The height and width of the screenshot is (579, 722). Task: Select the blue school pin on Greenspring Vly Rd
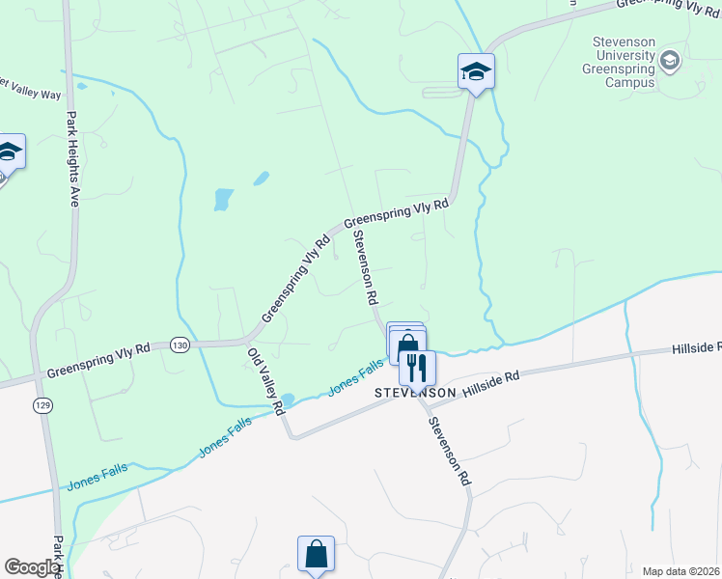(x=476, y=71)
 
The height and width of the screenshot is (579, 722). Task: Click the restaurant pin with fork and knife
(x=417, y=367)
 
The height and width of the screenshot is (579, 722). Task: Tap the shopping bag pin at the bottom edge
(x=316, y=554)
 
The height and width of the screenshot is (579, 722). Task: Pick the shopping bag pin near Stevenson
(x=407, y=344)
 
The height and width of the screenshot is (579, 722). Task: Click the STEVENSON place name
(x=415, y=394)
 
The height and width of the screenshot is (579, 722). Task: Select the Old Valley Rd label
(x=266, y=381)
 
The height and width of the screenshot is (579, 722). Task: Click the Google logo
(x=32, y=566)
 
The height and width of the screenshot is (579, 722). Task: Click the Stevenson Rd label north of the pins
(x=364, y=267)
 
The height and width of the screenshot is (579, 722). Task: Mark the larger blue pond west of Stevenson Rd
(x=223, y=200)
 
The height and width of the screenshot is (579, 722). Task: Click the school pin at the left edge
(x=9, y=152)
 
